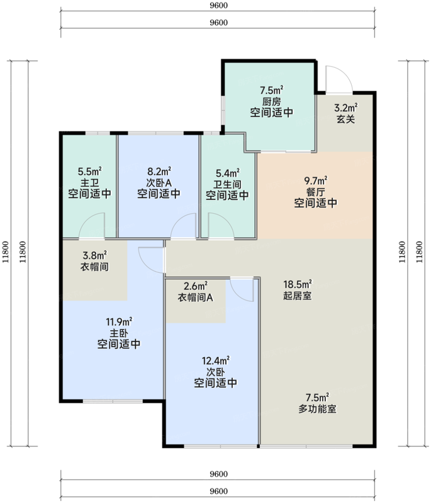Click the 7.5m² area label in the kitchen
tap(272, 90)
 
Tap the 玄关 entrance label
tap(345, 119)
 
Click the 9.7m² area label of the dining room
tap(316, 180)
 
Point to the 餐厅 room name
tap(316, 192)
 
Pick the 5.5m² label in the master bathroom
tap(89, 171)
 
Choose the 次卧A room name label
tap(159, 182)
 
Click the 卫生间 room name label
tap(227, 184)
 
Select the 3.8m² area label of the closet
tap(94, 256)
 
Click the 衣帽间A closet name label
tap(196, 297)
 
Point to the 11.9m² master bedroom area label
tap(119, 322)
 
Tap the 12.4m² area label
tap(215, 361)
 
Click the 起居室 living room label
tap(297, 296)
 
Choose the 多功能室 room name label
tap(317, 409)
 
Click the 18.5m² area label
tap(298, 284)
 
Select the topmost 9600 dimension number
tap(218, 5)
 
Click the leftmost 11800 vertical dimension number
tap(5, 252)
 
